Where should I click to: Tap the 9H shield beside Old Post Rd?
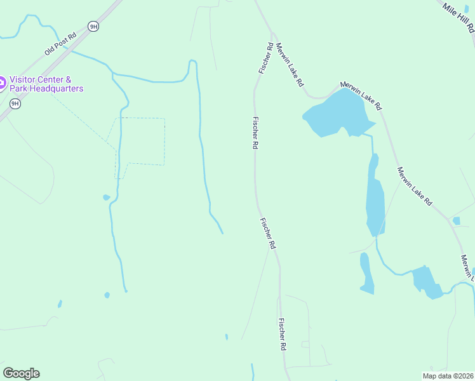point(93,26)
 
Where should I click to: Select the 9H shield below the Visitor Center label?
point(15,104)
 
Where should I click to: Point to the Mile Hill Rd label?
point(459,17)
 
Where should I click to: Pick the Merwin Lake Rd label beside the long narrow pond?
point(414,186)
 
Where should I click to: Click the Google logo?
point(22,373)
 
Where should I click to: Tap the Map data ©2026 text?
point(447,376)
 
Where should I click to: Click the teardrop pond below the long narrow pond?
point(366,273)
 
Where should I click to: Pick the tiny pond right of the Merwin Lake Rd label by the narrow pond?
point(456,221)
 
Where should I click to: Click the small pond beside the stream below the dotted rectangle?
point(106,197)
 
